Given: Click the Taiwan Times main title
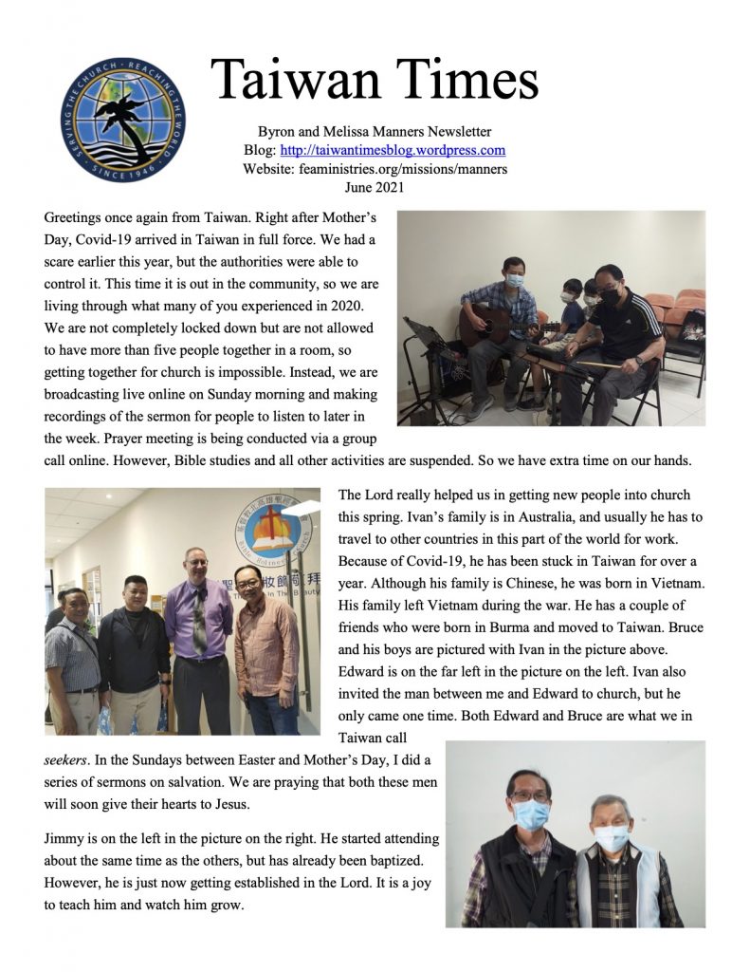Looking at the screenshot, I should point(375,78).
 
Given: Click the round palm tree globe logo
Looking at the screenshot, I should point(123,118).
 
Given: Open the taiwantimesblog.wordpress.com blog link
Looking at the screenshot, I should point(403,150).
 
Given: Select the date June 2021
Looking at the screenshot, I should point(375,188).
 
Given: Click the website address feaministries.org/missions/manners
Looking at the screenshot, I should point(375,169).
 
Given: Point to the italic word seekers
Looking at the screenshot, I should point(68,760).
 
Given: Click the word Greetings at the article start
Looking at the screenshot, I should point(74,218).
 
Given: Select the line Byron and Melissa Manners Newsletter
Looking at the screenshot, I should point(375,131).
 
